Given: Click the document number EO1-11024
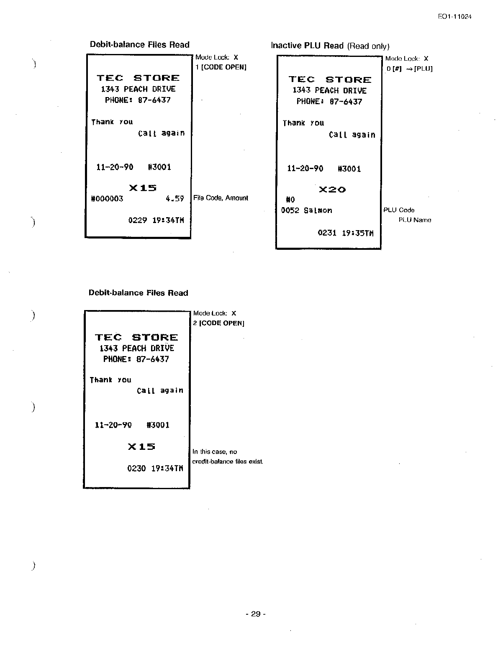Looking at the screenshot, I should click(x=455, y=17).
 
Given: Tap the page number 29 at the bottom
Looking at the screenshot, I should click(x=255, y=614).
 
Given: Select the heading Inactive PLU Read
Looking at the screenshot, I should click(x=307, y=46).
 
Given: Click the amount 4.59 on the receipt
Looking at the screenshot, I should click(x=175, y=199).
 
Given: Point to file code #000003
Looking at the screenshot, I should click(x=107, y=199).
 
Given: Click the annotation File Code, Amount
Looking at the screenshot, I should click(x=221, y=198).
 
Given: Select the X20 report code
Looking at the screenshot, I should click(x=332, y=190).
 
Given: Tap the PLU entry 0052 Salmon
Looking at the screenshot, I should click(x=306, y=210).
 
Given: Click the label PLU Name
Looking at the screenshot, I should click(x=414, y=220).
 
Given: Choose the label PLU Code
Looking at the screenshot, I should click(x=399, y=210).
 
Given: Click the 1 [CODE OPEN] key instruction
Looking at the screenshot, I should click(x=221, y=67).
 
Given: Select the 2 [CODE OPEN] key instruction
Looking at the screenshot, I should click(x=219, y=323).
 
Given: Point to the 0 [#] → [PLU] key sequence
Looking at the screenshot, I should click(x=409, y=69).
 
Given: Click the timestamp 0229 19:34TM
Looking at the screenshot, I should click(x=156, y=220).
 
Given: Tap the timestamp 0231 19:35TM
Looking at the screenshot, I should click(x=346, y=233).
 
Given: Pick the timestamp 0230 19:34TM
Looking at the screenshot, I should click(x=155, y=469).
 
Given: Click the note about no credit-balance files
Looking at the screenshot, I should click(x=227, y=457).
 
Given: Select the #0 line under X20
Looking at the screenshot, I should click(x=290, y=200).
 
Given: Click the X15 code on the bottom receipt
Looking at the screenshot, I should click(x=141, y=446).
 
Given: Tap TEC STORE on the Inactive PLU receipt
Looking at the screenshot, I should click(x=330, y=80).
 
